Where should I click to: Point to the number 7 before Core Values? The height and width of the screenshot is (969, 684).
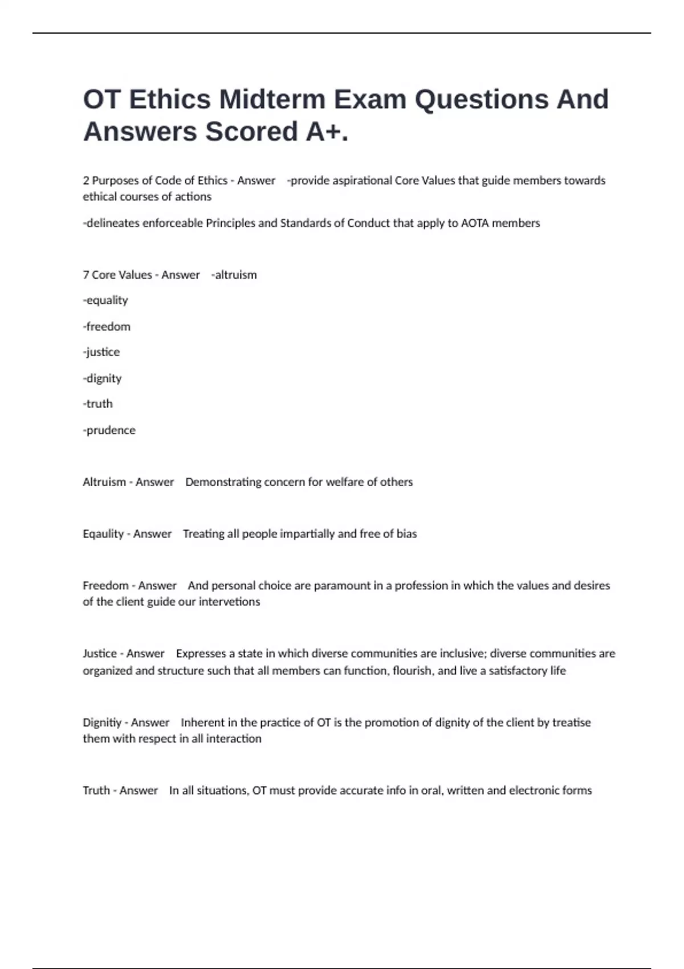click(85, 275)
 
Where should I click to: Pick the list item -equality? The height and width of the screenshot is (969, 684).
click(105, 300)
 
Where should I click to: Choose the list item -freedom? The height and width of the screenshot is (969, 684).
click(107, 327)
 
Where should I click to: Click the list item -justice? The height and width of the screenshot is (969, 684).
click(101, 352)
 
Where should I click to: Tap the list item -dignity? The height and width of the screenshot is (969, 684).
click(103, 378)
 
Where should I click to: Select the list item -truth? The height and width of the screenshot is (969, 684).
click(98, 404)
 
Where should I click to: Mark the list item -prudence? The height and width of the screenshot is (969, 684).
click(109, 430)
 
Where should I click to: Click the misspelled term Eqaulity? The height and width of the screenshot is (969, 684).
click(103, 534)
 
